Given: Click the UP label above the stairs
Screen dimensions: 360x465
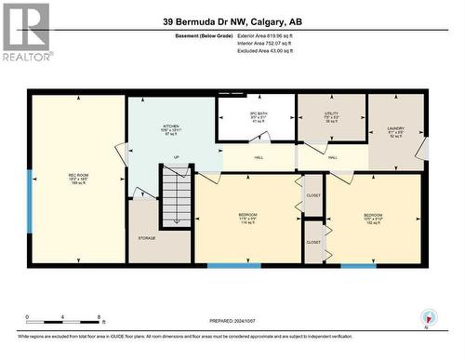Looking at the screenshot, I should point(176,157).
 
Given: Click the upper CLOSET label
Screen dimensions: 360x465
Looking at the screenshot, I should point(313,196).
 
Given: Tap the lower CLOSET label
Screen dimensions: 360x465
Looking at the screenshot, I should point(313,241).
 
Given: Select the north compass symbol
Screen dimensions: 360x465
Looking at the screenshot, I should point(428,316).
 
